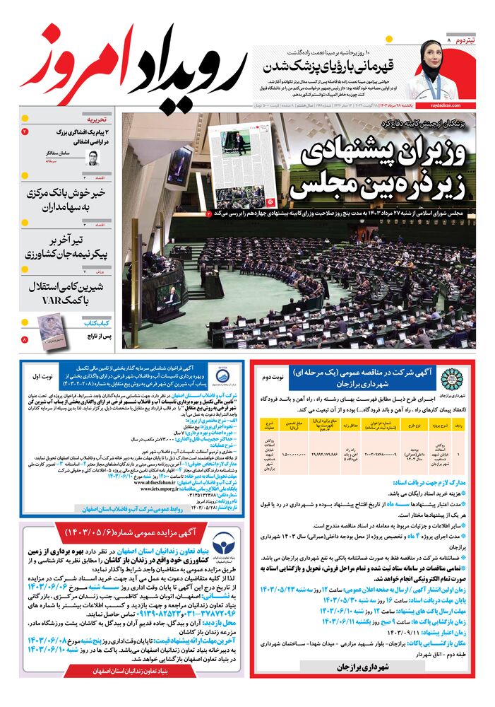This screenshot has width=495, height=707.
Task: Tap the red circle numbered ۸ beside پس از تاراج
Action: click(x=25, y=340)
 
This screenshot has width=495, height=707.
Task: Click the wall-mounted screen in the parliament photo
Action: click(x=178, y=168)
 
